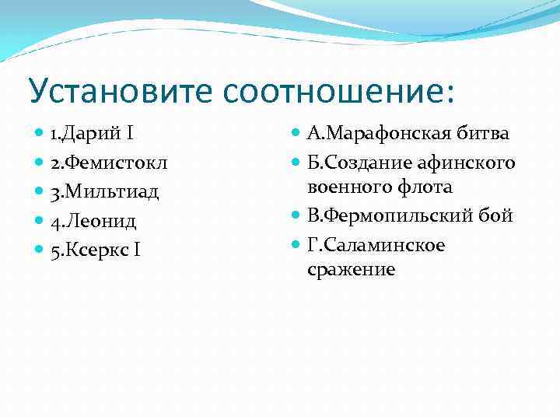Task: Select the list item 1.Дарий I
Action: tap(92, 135)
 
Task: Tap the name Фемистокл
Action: tap(114, 163)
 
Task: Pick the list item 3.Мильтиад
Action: tap(103, 192)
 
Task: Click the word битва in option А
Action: tap(483, 134)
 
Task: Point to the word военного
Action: tap(346, 187)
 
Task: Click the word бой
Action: tap(498, 216)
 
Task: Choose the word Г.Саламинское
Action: tap(376, 246)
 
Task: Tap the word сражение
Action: tap(351, 270)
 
